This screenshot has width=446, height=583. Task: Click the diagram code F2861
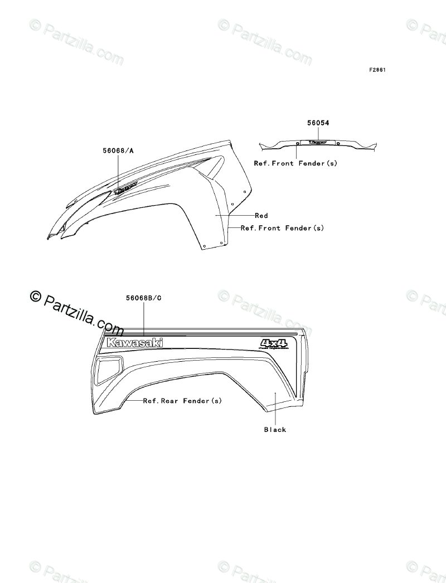click(377, 70)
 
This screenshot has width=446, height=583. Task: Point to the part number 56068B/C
click(144, 298)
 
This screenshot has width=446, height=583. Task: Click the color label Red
click(261, 216)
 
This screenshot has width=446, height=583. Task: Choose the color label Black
click(275, 430)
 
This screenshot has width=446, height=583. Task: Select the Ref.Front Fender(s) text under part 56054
click(295, 163)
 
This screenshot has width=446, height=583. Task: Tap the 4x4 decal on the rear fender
click(273, 344)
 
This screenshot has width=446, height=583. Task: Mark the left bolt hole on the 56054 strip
click(298, 144)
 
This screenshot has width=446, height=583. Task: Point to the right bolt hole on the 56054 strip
click(338, 144)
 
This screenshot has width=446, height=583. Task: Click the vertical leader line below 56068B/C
click(144, 318)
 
